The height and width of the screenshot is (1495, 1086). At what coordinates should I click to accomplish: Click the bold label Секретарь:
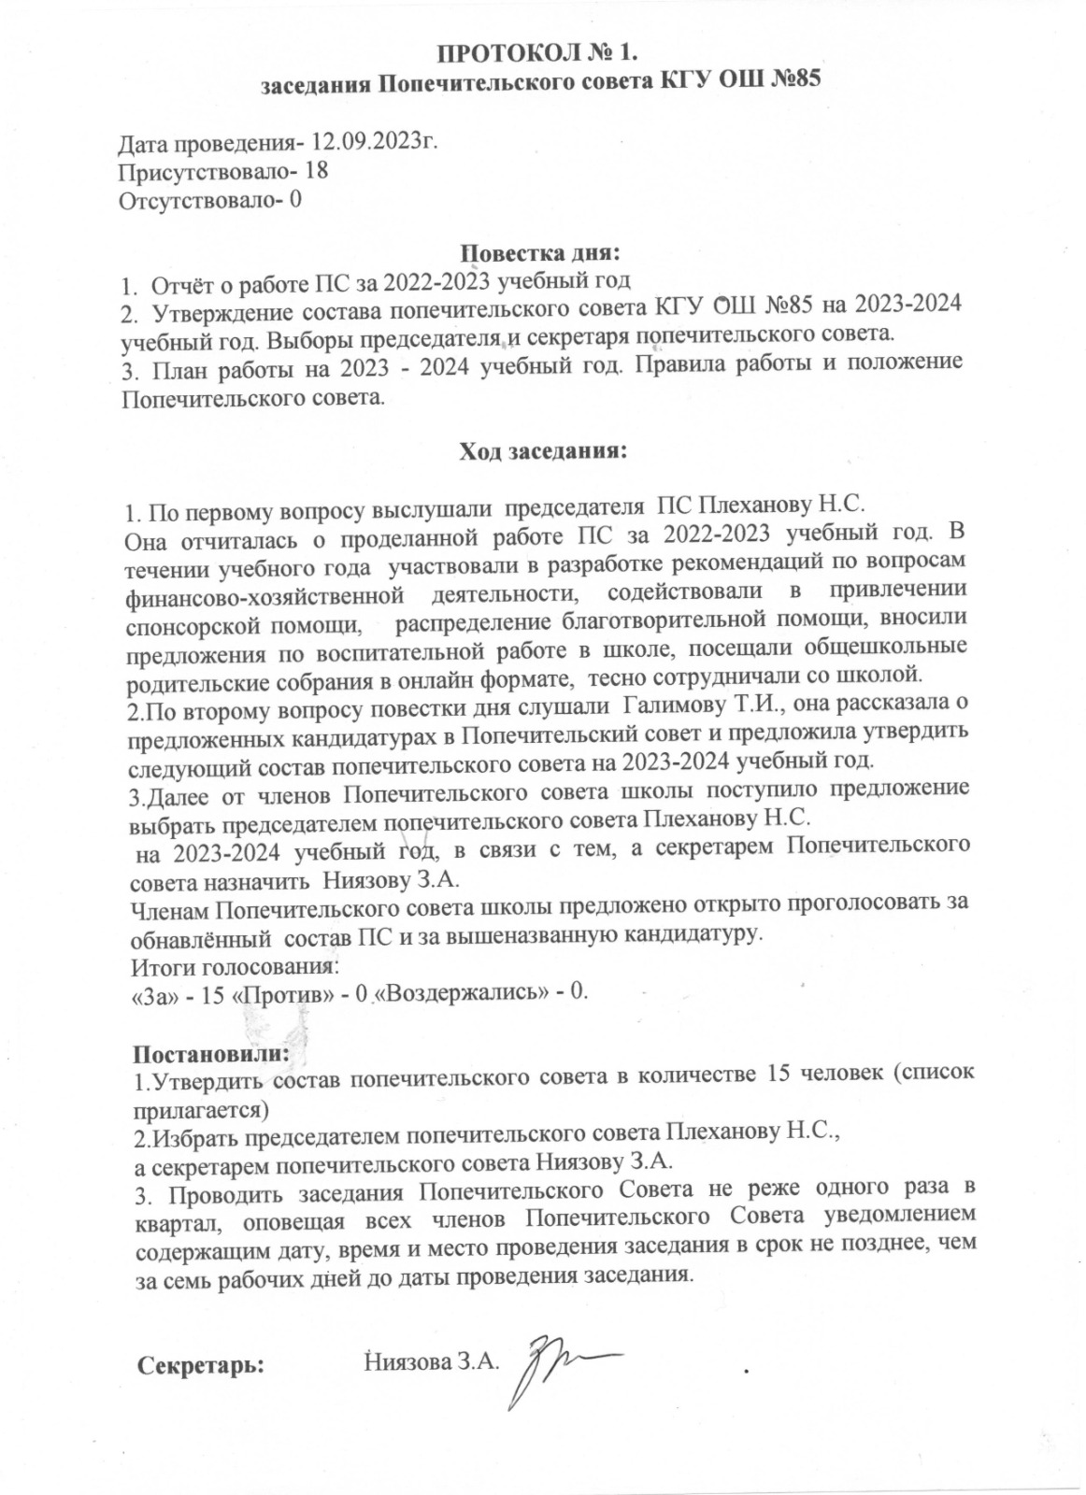(201, 1364)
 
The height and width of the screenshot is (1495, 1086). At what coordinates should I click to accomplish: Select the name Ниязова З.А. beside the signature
(428, 1361)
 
